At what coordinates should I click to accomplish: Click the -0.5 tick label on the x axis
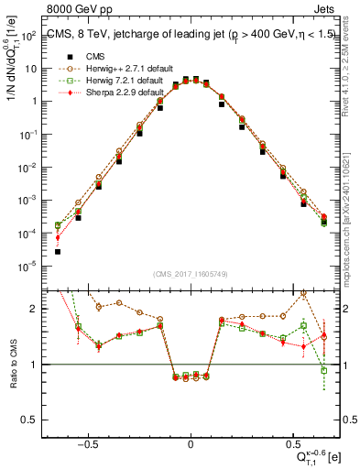[x=87, y=442]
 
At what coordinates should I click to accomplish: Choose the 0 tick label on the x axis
[x=191, y=442]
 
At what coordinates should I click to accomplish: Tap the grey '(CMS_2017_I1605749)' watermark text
[x=191, y=274]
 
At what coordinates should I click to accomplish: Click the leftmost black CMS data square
[x=58, y=251]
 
